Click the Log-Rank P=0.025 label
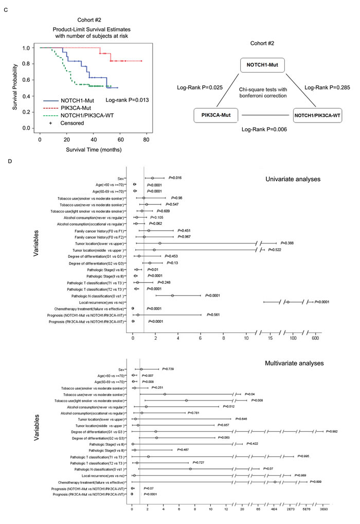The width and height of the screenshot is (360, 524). tap(210, 88)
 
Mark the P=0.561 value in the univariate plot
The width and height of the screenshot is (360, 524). tap(215, 315)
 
